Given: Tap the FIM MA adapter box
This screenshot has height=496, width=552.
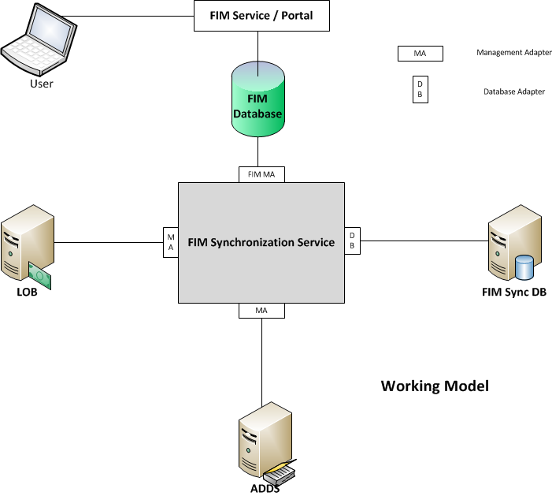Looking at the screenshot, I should (261, 174).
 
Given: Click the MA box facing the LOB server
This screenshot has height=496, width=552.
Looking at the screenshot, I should (170, 241).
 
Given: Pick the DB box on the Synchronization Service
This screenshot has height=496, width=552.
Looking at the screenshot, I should (352, 241).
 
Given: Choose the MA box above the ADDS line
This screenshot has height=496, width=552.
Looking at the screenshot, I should (261, 311).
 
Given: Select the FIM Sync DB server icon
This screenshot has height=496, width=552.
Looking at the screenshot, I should (513, 244).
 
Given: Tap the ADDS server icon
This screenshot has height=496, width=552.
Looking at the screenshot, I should (264, 442).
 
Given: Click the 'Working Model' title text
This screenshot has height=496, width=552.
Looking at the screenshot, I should (435, 386).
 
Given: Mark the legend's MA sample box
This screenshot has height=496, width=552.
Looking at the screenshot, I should (420, 54).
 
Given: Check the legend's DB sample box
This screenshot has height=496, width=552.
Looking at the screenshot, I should (420, 90).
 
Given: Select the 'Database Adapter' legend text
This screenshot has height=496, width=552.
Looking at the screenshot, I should (514, 91).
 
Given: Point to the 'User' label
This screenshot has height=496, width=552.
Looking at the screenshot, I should (41, 84).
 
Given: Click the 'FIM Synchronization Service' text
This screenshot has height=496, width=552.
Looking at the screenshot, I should (261, 242).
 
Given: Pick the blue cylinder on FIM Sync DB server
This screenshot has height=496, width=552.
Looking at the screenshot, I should (524, 267).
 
